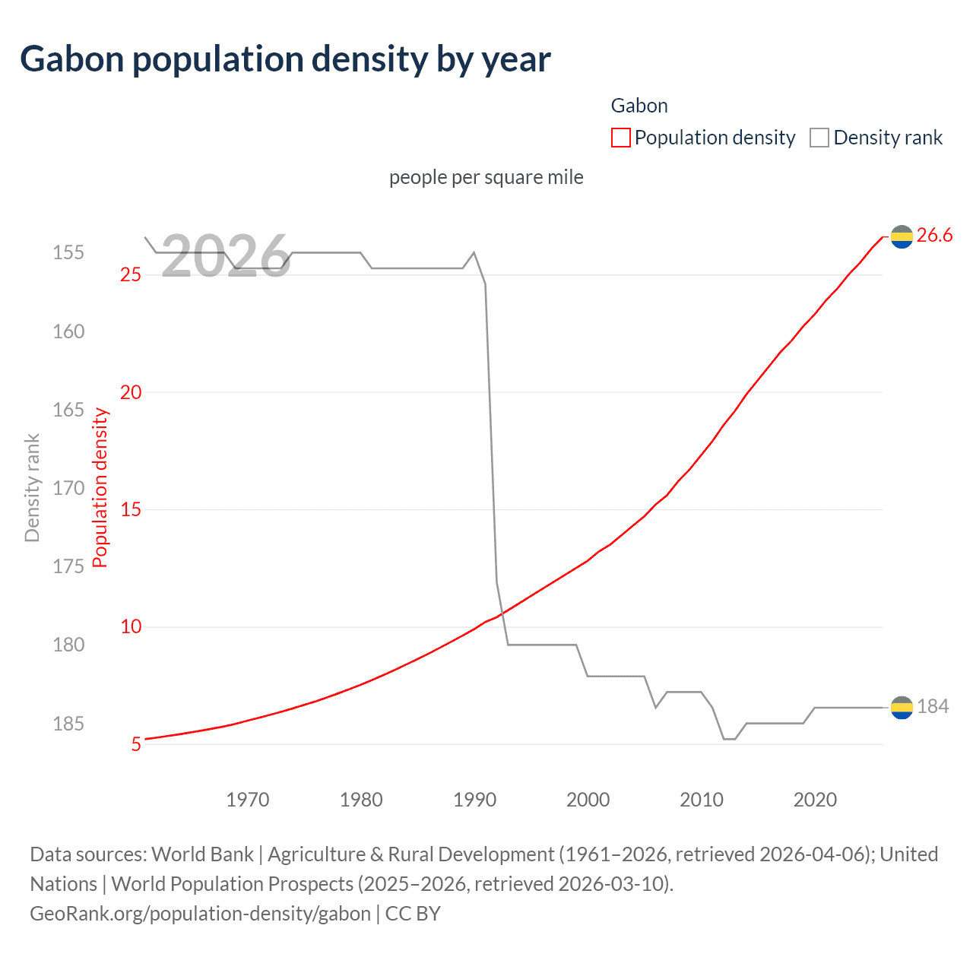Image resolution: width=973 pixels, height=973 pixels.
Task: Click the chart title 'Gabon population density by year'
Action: (x=285, y=59)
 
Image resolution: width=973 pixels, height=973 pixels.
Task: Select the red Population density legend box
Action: (x=620, y=138)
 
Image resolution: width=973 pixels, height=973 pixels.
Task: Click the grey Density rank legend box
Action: (x=819, y=138)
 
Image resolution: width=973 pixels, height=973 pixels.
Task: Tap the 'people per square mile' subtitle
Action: (x=486, y=177)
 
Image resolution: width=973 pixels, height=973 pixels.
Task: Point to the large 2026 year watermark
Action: (x=226, y=255)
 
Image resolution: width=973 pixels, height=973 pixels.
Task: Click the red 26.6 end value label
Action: (x=934, y=236)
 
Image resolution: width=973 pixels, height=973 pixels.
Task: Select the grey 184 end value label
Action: (x=933, y=707)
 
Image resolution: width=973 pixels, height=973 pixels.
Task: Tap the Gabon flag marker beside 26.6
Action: (x=902, y=237)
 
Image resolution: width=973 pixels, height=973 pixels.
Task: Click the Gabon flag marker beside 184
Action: (x=902, y=708)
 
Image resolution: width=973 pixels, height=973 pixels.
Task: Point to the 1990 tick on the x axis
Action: (x=474, y=800)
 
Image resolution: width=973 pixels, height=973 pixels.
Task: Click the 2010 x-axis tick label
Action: (x=701, y=800)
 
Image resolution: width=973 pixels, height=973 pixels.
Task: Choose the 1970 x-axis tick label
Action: (x=248, y=800)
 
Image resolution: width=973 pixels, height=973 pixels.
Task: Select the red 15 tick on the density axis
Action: (x=131, y=510)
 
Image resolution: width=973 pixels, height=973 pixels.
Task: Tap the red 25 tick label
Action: (x=131, y=274)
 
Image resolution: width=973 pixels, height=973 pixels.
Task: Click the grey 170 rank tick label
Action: (x=68, y=488)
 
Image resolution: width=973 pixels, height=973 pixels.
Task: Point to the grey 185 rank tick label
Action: (x=68, y=724)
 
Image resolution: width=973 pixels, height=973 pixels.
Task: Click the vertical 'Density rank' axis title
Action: (x=32, y=488)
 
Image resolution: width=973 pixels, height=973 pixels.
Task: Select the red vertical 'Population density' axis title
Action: (x=100, y=488)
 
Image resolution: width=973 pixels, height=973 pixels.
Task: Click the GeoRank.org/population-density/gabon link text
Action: (x=200, y=913)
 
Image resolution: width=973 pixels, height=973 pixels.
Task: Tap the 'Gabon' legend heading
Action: (x=639, y=106)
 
